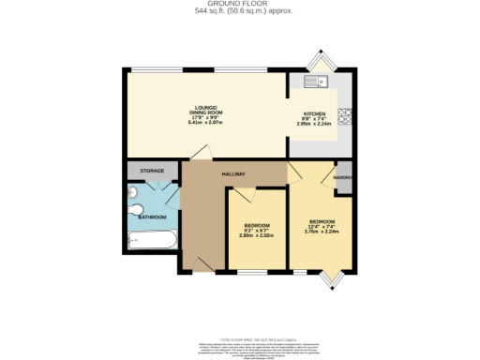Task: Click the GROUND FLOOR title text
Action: coord(240,5)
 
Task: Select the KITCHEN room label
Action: coord(314,113)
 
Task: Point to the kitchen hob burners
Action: coord(344,117)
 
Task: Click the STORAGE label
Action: coord(153,171)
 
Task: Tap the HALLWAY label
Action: coord(233,174)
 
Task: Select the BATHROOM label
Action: coord(152,217)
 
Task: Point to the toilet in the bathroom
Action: coord(136,209)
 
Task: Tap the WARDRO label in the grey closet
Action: coord(343,177)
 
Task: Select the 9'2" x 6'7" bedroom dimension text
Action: coord(258,231)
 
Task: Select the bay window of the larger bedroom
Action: coord(334,277)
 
